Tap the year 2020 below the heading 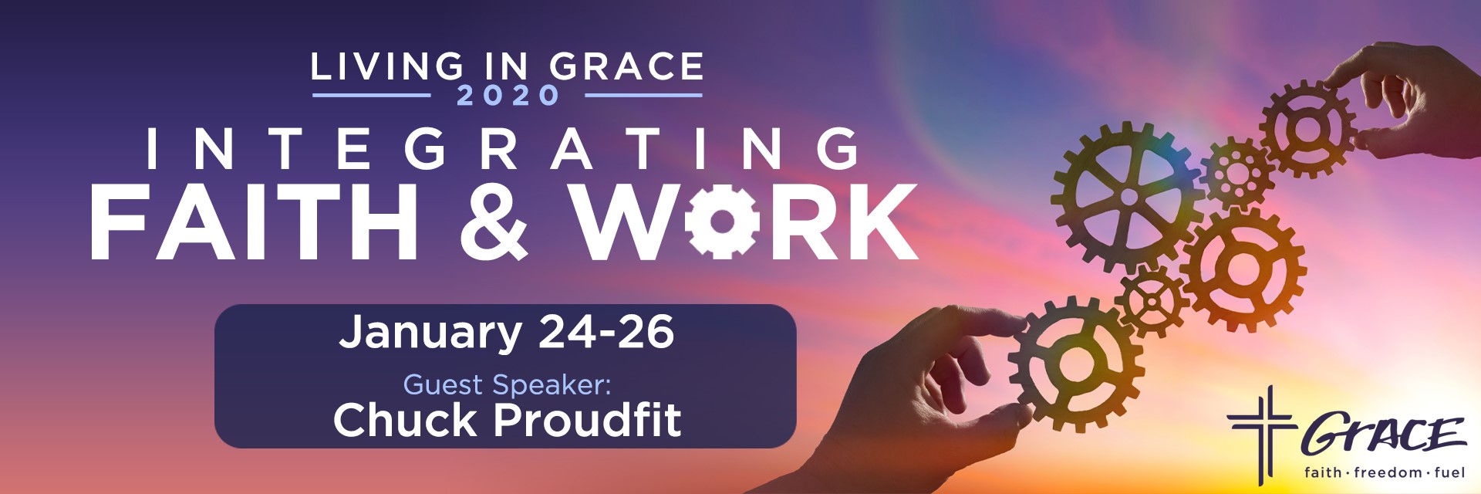click(508, 96)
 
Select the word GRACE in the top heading click(626, 67)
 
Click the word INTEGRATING click(502, 149)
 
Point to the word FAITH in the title click(255, 222)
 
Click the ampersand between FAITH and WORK click(494, 222)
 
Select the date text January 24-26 click(507, 332)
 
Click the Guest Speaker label click(507, 384)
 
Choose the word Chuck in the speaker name click(406, 420)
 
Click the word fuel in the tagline click(1449, 472)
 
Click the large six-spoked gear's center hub click(1128, 198)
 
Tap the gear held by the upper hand click(1307, 129)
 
